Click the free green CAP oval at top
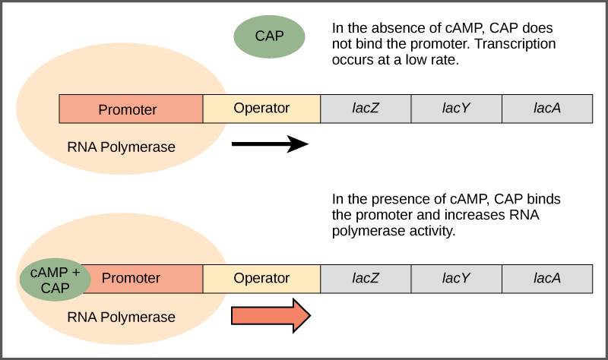269,36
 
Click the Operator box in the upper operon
261,109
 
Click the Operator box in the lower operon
261,278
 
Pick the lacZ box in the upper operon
366,109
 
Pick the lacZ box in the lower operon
366,278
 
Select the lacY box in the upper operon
456,109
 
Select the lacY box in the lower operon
456,278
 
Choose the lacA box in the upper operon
547,109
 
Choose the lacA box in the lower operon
547,278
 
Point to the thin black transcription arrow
270,144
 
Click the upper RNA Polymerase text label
122,147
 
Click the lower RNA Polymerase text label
122,317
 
